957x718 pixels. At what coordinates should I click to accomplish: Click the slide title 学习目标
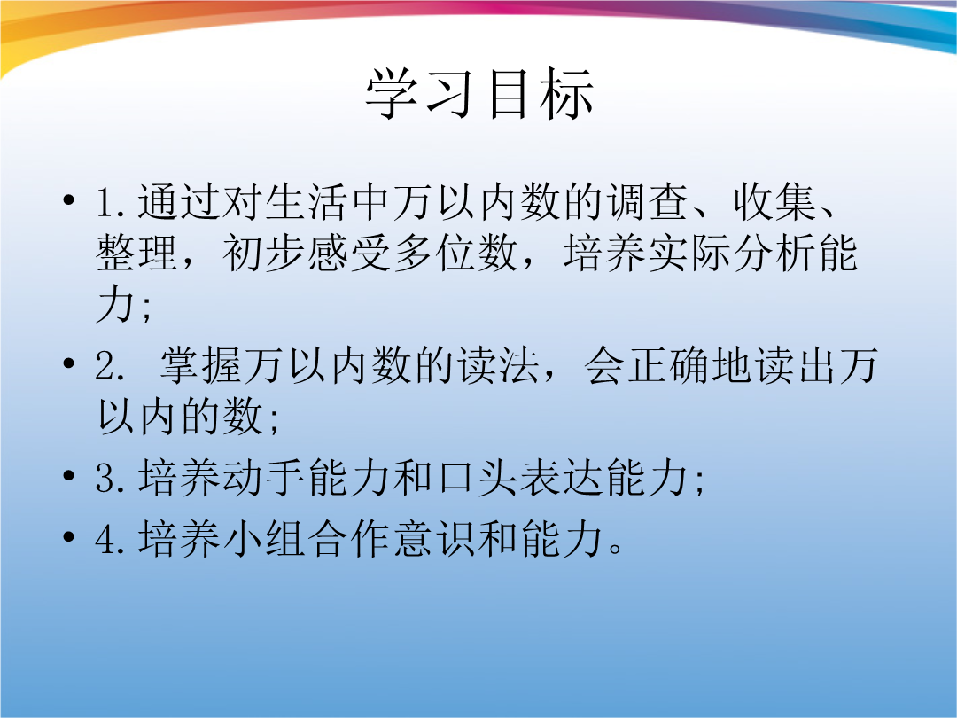(x=479, y=93)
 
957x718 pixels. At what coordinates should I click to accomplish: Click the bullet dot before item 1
(x=69, y=199)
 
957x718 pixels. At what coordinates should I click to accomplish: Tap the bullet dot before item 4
(x=69, y=536)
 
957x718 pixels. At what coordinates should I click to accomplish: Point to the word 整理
(x=137, y=253)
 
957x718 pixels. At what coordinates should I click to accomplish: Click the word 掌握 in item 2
(x=201, y=366)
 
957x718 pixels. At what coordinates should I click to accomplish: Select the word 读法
(x=499, y=366)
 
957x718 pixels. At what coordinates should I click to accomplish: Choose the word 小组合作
(x=308, y=538)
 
